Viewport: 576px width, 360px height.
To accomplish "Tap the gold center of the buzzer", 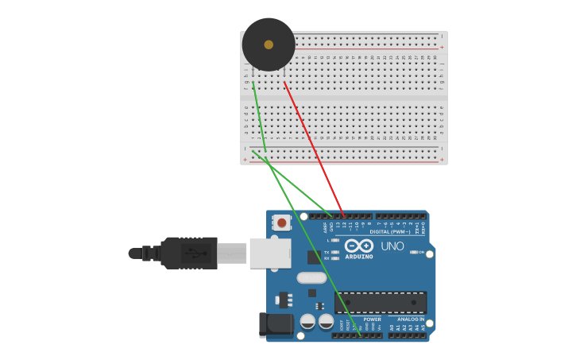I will coord(269,45).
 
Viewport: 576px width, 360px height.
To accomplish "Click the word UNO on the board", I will coord(392,246).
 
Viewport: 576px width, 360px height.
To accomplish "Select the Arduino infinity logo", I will coord(358,246).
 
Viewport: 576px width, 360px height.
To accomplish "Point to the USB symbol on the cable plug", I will coord(190,254).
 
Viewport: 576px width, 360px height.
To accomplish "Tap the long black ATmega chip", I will coord(380,302).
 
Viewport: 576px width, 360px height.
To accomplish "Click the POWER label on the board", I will coord(372,319).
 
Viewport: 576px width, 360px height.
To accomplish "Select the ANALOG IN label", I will coord(411,319).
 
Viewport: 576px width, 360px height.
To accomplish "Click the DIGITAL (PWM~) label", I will coord(390,231).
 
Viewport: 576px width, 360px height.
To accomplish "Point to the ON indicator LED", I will coord(413,252).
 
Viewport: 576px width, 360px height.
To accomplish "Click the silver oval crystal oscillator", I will coord(311,278).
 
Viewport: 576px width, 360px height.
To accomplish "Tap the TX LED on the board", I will coord(335,252).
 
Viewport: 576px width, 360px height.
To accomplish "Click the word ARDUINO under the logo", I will coord(358,257).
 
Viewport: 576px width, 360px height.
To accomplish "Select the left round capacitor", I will coord(307,321).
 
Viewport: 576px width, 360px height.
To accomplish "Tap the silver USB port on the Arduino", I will coord(270,253).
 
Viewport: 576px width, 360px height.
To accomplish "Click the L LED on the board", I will coord(335,240).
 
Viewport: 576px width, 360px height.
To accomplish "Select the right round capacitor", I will coord(326,321).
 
